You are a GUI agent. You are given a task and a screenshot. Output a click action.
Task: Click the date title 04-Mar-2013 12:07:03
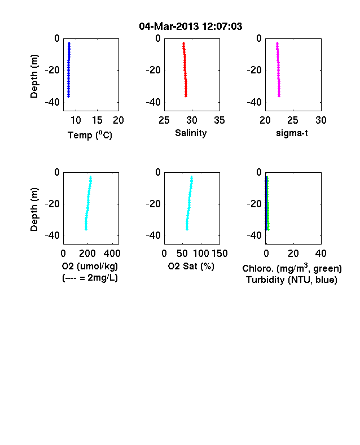click(x=191, y=27)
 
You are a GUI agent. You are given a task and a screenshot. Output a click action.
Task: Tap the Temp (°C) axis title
click(x=90, y=135)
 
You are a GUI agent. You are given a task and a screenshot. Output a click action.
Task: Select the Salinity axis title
click(x=191, y=133)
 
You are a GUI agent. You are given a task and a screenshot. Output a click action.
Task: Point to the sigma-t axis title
click(x=292, y=133)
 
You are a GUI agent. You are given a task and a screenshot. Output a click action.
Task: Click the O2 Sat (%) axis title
click(x=191, y=266)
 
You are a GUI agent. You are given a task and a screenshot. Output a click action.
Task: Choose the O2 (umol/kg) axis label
click(x=90, y=266)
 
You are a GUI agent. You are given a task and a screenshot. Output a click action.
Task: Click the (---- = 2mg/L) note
click(x=90, y=277)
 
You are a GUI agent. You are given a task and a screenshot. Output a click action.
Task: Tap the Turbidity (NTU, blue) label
click(x=292, y=280)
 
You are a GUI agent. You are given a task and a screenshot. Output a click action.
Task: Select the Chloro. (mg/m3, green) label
click(x=292, y=268)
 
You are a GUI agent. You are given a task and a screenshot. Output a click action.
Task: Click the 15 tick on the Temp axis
click(x=97, y=120)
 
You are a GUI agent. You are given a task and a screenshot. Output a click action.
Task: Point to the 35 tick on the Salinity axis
click(x=219, y=120)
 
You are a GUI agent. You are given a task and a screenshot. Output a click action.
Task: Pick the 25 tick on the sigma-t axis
click(x=292, y=120)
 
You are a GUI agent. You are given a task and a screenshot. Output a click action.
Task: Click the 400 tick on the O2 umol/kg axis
click(x=112, y=254)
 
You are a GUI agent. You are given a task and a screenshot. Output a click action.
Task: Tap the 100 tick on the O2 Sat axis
click(x=201, y=254)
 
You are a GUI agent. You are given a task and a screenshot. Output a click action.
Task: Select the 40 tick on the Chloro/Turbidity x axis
click(x=321, y=254)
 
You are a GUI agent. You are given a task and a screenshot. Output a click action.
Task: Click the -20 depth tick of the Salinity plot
click(x=153, y=70)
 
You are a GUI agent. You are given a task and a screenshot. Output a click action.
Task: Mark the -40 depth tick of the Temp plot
click(x=52, y=102)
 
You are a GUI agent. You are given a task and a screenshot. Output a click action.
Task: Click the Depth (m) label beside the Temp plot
click(x=34, y=76)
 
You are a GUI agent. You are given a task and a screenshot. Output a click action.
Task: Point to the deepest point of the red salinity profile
click(x=186, y=96)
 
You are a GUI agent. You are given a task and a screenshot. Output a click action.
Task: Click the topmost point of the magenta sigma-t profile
click(x=277, y=43)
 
